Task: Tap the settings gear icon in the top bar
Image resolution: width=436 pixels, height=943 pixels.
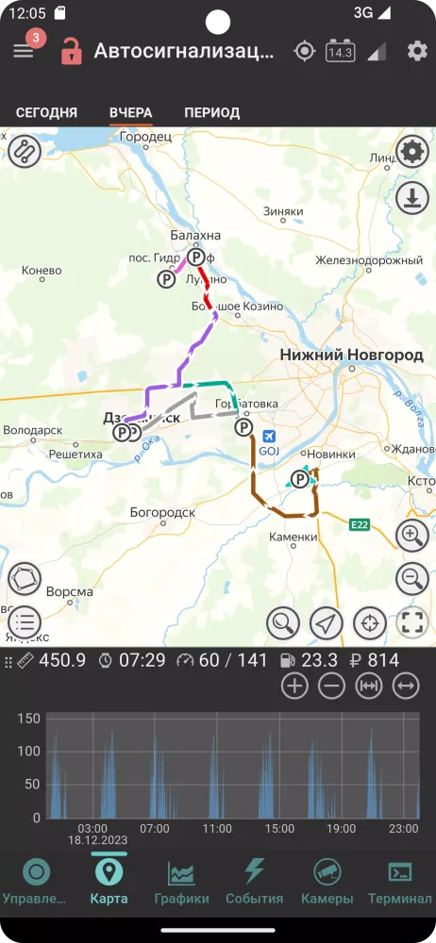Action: [417, 51]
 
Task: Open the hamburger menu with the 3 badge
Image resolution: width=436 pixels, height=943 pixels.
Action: [24, 51]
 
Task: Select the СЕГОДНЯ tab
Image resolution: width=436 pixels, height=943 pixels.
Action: [46, 112]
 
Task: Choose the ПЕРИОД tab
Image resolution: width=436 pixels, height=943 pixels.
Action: [211, 112]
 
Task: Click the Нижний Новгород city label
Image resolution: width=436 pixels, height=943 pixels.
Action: [351, 355]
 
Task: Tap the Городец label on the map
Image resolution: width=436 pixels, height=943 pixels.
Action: [146, 137]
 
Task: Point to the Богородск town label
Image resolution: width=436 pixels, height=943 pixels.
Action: [161, 512]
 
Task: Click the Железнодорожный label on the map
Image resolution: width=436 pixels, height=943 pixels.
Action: [369, 259]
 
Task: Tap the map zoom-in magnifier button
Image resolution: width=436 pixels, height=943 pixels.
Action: [411, 536]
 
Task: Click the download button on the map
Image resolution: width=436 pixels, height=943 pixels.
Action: [411, 198]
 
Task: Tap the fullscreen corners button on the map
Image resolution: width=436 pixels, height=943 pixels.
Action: [411, 622]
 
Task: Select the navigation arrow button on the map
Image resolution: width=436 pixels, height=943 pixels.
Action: [326, 622]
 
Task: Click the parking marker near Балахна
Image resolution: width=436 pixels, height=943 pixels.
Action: [195, 256]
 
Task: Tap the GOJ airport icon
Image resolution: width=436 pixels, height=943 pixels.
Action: [271, 437]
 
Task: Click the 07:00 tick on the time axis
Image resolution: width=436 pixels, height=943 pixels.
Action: [154, 829]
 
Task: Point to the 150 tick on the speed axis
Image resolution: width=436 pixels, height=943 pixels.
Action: [29, 719]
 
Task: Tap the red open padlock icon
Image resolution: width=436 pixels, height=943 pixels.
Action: [71, 51]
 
